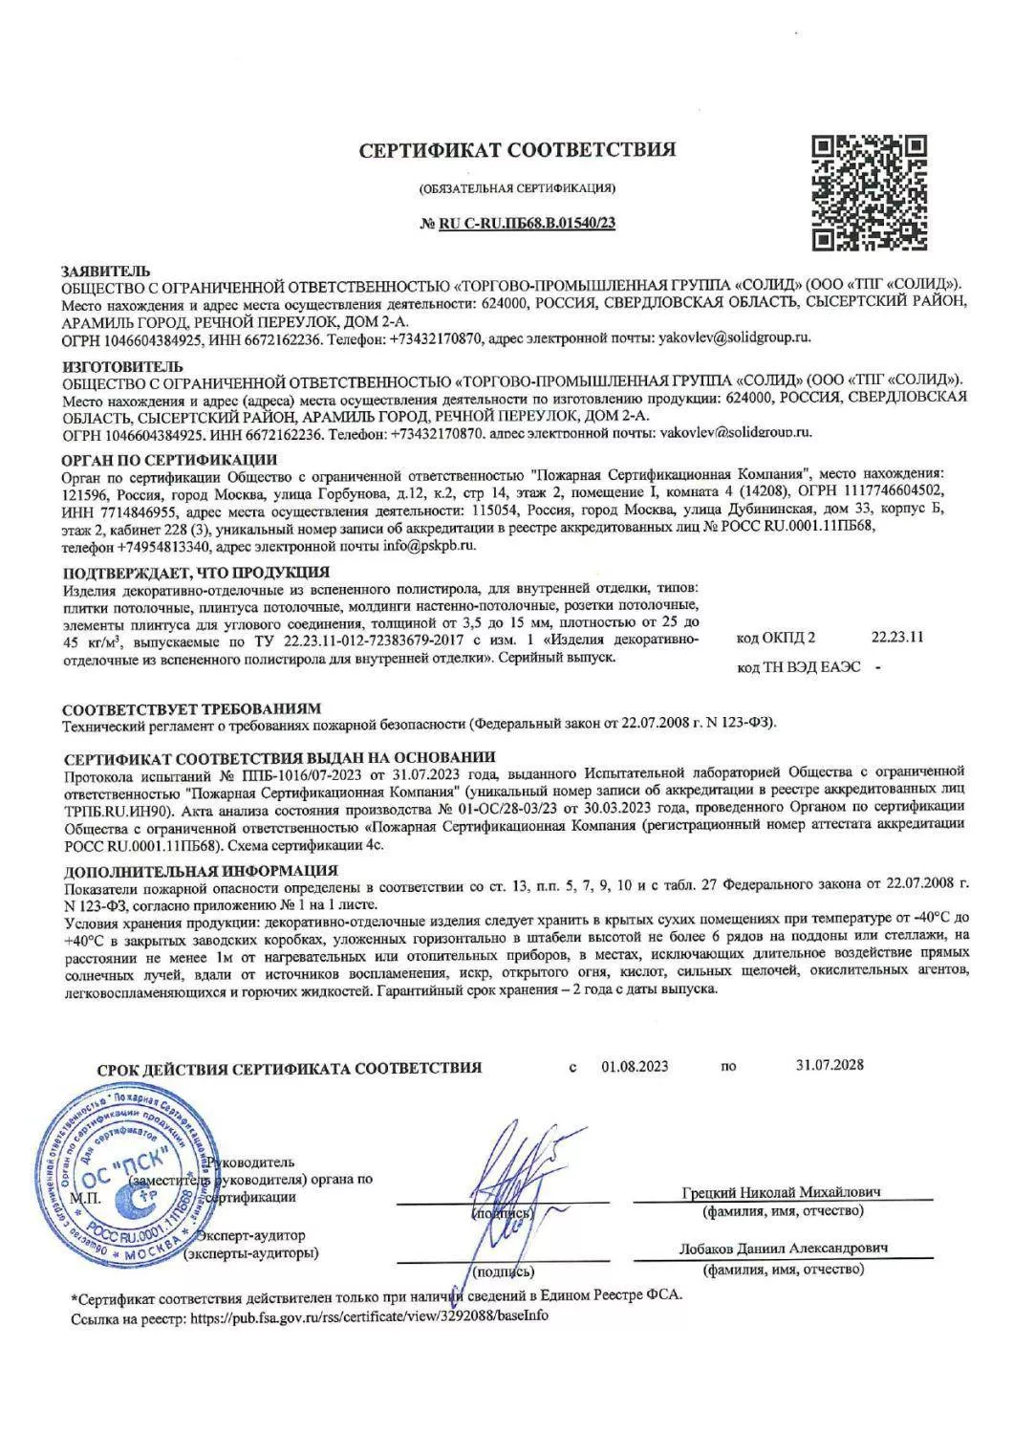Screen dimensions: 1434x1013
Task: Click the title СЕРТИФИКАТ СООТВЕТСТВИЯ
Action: (x=517, y=150)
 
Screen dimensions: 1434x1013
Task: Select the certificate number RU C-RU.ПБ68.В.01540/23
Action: (x=528, y=224)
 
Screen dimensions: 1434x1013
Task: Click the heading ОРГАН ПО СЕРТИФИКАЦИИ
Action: (x=169, y=460)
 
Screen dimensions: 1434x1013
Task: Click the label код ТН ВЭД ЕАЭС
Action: (x=798, y=667)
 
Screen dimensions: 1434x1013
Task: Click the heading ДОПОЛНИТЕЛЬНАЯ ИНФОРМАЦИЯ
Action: (x=200, y=870)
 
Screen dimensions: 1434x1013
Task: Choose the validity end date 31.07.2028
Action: (x=829, y=1065)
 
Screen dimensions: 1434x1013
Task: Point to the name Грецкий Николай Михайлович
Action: (x=782, y=1192)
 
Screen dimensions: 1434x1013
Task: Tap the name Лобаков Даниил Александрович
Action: (x=784, y=1249)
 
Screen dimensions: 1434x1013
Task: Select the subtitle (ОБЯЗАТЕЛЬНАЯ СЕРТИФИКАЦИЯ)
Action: (x=517, y=187)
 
